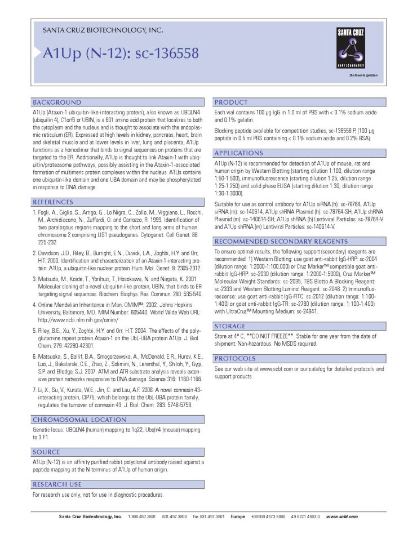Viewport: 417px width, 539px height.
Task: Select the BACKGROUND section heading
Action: pyautogui.click(x=57, y=103)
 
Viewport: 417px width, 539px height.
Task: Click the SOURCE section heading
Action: pyautogui.click(x=46, y=452)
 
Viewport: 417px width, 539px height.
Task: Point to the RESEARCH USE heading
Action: pyautogui.click(x=57, y=484)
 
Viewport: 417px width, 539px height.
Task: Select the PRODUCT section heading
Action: pyautogui.click(x=231, y=103)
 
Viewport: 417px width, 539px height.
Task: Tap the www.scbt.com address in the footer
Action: pyautogui.click(x=341, y=516)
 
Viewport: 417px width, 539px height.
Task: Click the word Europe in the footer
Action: pyautogui.click(x=238, y=516)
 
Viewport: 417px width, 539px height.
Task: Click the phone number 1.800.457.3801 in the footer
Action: pyautogui.click(x=141, y=516)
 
